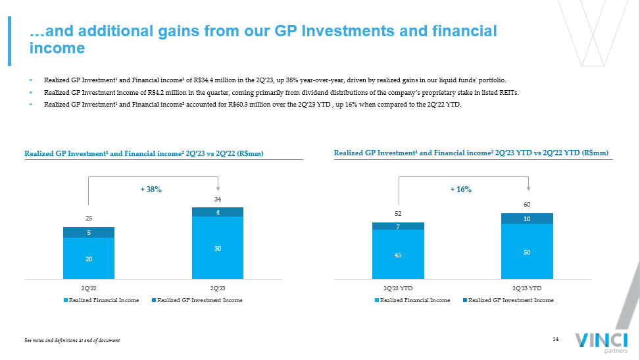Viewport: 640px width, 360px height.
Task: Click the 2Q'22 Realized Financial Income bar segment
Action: (89, 258)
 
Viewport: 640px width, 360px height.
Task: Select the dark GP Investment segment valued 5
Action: (89, 232)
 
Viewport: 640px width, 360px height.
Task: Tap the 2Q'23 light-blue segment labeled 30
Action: (218, 247)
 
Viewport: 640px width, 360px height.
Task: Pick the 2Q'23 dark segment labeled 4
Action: (218, 212)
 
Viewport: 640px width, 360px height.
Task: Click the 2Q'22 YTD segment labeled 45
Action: (398, 254)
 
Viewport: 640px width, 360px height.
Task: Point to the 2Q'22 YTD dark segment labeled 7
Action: (398, 226)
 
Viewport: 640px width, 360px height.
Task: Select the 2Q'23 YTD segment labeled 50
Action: (527, 251)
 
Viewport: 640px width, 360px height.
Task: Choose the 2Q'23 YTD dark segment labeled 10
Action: (527, 219)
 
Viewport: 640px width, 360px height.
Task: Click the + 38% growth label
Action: (151, 189)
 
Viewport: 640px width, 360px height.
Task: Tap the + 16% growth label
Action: (461, 189)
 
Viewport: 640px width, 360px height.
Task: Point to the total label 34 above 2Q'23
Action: (218, 198)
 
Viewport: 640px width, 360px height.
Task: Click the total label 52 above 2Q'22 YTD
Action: (398, 213)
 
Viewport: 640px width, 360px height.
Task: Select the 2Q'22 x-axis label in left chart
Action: (89, 288)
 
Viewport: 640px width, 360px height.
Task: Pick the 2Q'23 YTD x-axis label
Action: (527, 288)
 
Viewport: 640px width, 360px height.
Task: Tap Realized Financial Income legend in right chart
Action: (414, 300)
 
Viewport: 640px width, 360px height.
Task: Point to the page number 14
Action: (555, 339)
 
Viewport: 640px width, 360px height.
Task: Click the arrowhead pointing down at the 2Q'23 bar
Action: (218, 188)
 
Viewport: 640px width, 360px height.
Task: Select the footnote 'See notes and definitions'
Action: (72, 340)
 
